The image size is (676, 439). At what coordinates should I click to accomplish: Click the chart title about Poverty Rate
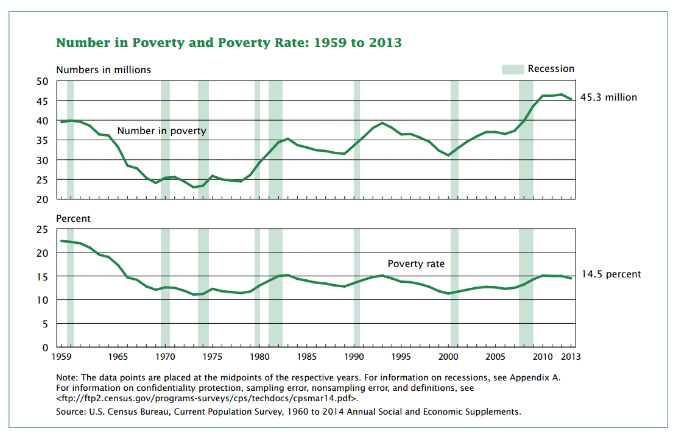(229, 43)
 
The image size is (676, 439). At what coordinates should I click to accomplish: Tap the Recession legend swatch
(513, 69)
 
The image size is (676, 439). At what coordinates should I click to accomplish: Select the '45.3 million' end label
(608, 97)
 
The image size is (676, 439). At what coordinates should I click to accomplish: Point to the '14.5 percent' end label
(611, 274)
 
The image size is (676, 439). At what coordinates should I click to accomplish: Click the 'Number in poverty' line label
(161, 131)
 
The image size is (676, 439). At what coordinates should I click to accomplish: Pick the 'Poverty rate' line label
(416, 264)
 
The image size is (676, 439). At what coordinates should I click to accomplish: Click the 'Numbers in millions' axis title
(104, 70)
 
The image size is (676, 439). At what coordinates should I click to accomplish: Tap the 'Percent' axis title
(73, 218)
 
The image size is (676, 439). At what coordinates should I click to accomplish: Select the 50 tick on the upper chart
(42, 81)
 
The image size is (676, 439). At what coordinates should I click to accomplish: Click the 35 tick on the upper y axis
(42, 140)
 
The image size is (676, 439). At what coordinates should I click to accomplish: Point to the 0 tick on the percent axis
(45, 348)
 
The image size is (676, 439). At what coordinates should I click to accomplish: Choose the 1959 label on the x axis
(62, 357)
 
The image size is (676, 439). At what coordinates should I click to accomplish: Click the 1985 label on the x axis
(306, 357)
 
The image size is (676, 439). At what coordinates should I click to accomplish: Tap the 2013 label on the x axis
(571, 357)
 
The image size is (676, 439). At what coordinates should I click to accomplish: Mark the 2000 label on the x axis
(448, 357)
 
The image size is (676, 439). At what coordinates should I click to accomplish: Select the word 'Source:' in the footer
(71, 412)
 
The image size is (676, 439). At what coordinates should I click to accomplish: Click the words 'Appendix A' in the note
(535, 377)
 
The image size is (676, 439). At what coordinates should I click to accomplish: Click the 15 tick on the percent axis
(42, 277)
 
